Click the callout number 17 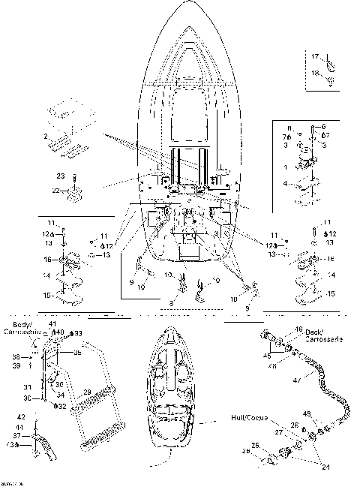pos(315,56)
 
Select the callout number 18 pos(315,72)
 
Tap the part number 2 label pos(45,137)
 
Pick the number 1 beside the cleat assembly pos(285,167)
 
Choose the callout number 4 pos(285,182)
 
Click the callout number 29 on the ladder pos(86,392)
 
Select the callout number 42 pos(20,416)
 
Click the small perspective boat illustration pos(178,394)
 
